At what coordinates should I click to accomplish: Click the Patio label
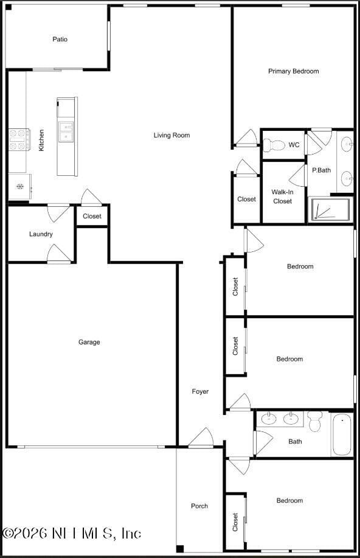point(60,40)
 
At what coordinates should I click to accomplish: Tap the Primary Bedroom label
point(293,71)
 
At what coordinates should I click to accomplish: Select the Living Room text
point(171,135)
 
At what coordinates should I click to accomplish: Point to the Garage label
point(89,342)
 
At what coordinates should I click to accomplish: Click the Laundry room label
point(41,234)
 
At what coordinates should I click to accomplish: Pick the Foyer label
point(200,391)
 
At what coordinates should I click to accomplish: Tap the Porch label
point(199,506)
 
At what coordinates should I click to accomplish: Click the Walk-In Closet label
point(283,197)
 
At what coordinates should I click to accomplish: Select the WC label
point(294,145)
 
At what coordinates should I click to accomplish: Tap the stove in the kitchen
point(18,139)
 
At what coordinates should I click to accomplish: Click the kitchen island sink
point(66,131)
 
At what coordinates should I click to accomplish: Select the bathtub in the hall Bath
point(342,434)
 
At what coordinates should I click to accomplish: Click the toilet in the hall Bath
point(314,420)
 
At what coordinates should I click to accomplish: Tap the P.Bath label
point(321,170)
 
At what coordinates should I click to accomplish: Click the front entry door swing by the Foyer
point(201,439)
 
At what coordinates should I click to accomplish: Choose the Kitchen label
point(41,140)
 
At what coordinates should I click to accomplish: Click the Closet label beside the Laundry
point(92,216)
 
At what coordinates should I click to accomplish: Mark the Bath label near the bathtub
point(295,442)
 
